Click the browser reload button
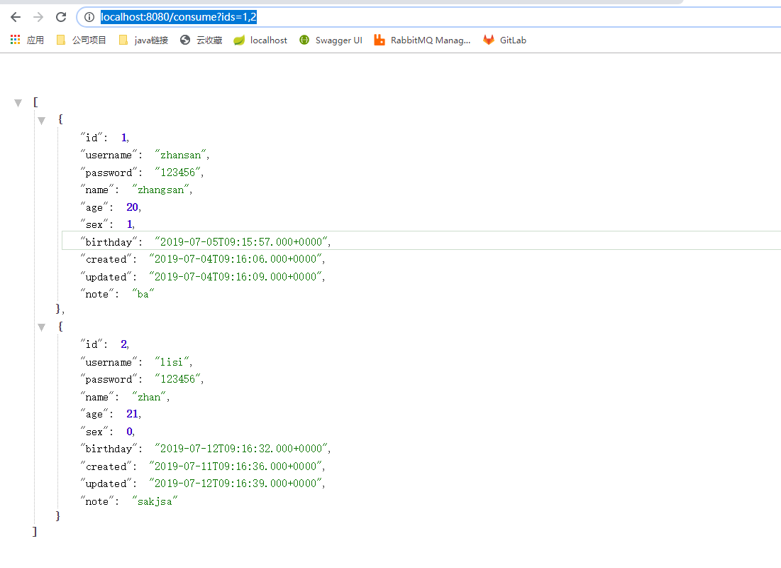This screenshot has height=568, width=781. pyautogui.click(x=61, y=17)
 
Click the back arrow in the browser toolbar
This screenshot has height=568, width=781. pyautogui.click(x=16, y=17)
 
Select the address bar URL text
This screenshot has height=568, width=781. pyautogui.click(x=178, y=17)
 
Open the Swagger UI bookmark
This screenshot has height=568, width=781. pyautogui.click(x=331, y=40)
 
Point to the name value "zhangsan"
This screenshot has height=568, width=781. pyautogui.click(x=161, y=190)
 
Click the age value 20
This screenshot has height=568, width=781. pyautogui.click(x=132, y=207)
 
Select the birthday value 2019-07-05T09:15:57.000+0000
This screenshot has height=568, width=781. pyautogui.click(x=241, y=242)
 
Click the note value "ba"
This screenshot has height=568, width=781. pyautogui.click(x=143, y=294)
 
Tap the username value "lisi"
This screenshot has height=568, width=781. pyautogui.click(x=172, y=362)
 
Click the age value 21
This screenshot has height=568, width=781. pyautogui.click(x=132, y=414)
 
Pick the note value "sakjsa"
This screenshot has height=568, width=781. pyautogui.click(x=154, y=501)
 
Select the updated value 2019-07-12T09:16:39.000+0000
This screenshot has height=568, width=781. pyautogui.click(x=236, y=484)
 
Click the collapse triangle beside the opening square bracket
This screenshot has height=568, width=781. pyautogui.click(x=18, y=103)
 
